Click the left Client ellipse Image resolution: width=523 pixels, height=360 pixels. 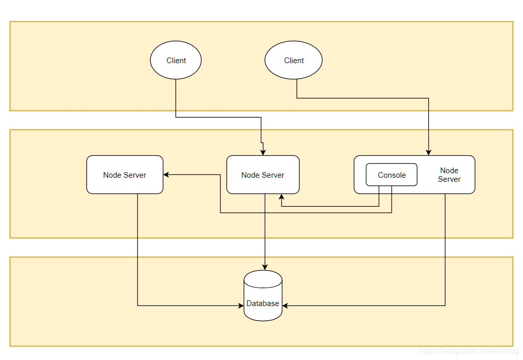(176, 60)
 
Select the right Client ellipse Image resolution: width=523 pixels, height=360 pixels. (293, 60)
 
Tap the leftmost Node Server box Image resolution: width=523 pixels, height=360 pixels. (125, 175)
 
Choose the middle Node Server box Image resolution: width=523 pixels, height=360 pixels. (263, 175)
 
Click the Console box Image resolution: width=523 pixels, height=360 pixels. (392, 175)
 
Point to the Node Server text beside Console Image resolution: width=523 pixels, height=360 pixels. (449, 175)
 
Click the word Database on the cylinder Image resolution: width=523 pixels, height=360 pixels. (263, 303)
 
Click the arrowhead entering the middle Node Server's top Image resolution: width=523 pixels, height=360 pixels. (263, 152)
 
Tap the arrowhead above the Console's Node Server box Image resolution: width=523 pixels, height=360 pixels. (429, 152)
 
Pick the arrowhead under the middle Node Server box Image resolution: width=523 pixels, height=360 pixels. (281, 197)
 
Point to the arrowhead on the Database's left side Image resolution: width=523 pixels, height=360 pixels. (241, 306)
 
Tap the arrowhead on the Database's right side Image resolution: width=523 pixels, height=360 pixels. (285, 306)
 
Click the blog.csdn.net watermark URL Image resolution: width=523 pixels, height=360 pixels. (468, 351)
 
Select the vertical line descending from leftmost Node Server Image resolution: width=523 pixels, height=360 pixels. (137, 250)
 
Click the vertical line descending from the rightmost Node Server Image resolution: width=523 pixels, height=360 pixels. (446, 250)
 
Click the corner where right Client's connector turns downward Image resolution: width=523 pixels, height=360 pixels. (429, 98)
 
